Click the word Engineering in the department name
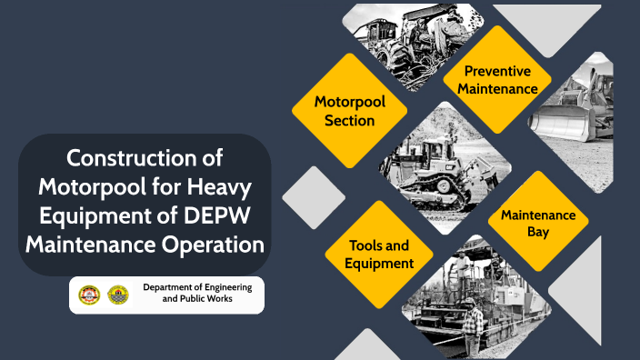click(x=228, y=287)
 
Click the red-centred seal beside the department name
click(x=89, y=295)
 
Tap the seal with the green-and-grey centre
click(x=118, y=295)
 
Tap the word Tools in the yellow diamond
click(x=366, y=245)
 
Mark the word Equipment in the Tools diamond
click(x=379, y=263)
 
